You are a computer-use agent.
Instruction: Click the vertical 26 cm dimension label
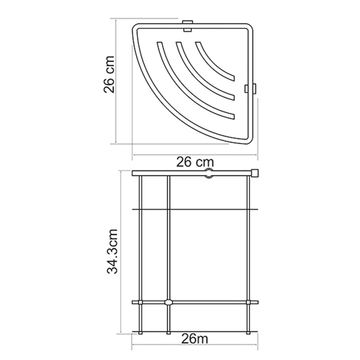[109, 74]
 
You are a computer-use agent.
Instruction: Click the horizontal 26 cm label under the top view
[195, 162]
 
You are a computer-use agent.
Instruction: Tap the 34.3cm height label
[112, 251]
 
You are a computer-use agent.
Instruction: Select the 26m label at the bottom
[194, 339]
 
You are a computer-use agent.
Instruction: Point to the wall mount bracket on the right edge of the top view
[251, 88]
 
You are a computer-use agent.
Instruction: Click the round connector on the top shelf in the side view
[209, 174]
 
